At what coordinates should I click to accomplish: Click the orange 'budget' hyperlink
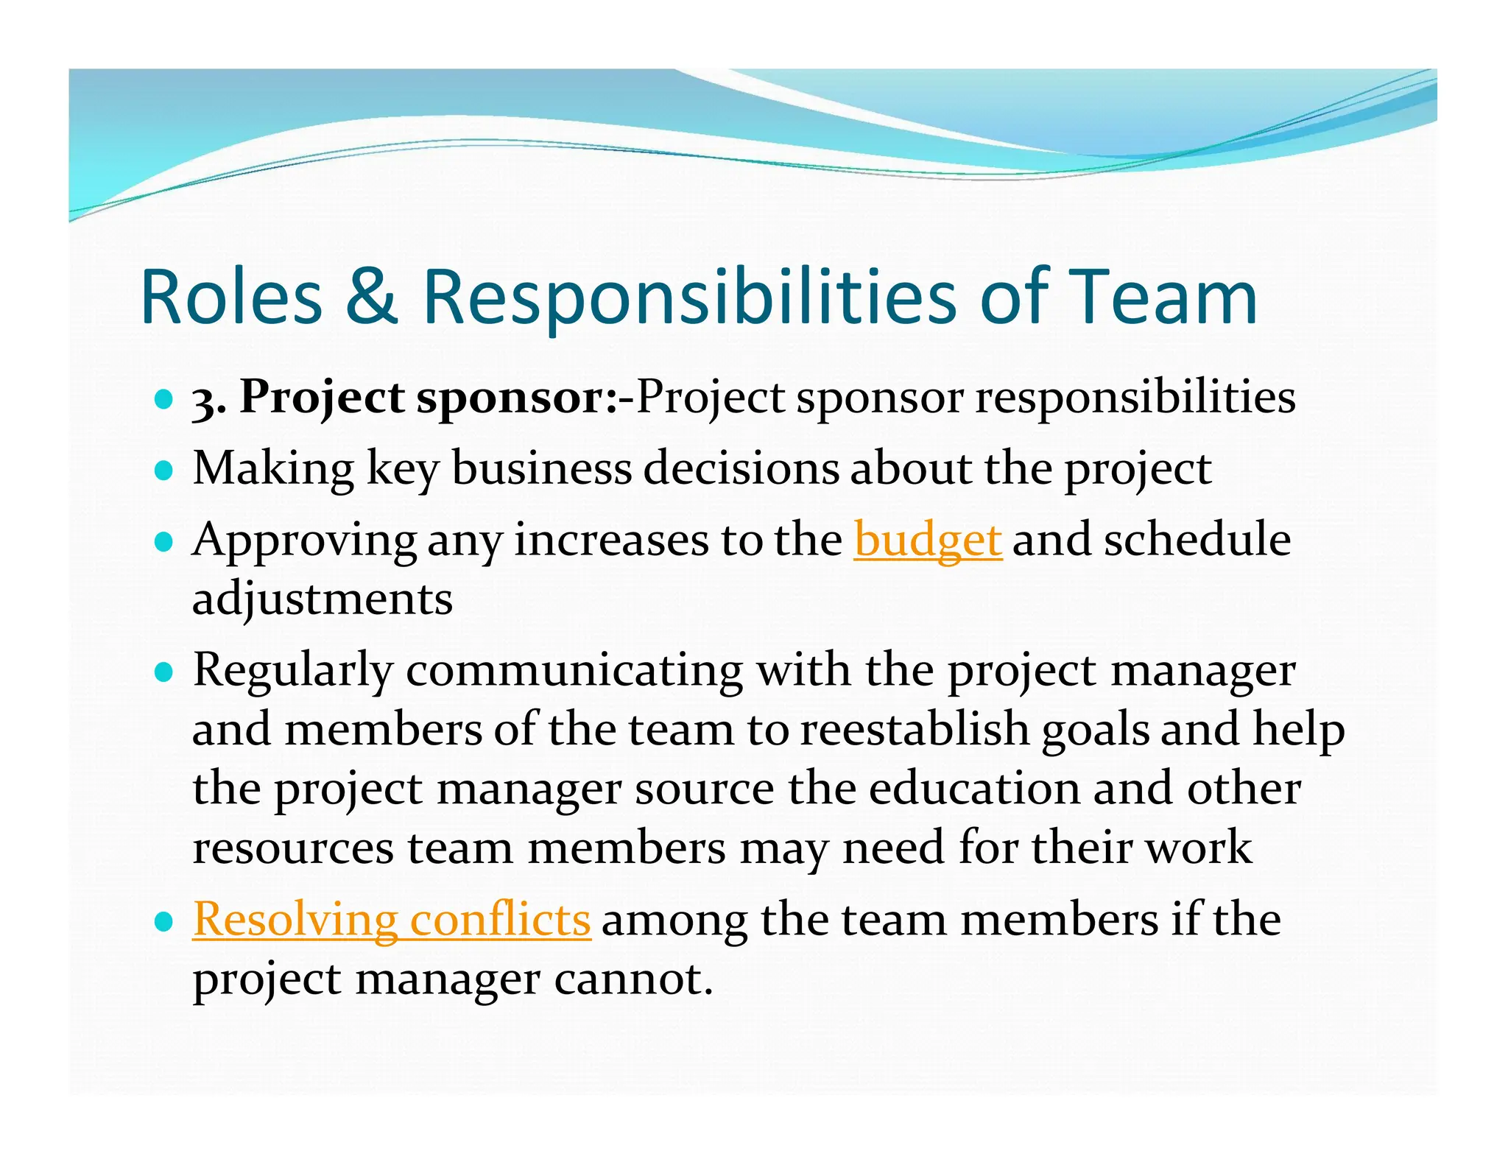[927, 541]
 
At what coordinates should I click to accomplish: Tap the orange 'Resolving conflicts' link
[391, 921]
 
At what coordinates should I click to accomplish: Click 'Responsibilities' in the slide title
[688, 298]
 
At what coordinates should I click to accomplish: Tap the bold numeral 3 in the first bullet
[203, 400]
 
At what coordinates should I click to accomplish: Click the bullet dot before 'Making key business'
[164, 471]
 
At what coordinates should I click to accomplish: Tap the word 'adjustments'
[322, 599]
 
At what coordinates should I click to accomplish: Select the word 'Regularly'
[293, 672]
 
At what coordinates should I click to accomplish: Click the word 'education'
[974, 789]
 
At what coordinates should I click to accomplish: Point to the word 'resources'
[292, 848]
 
